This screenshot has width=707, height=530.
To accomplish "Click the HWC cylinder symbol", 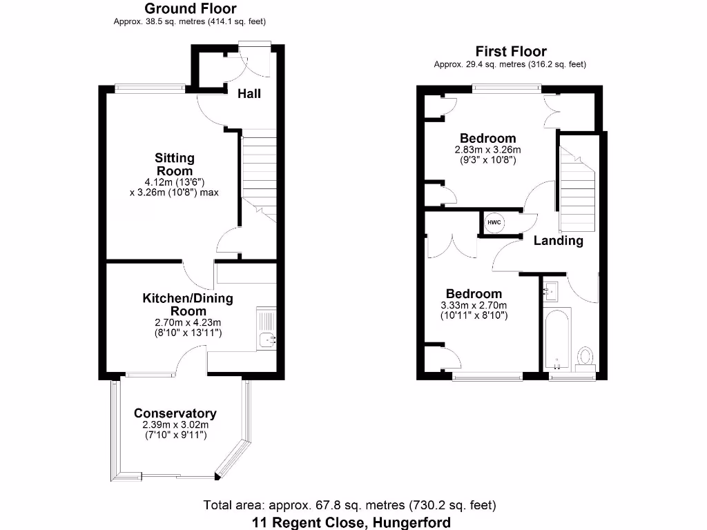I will [494, 222].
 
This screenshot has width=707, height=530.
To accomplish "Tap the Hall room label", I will [249, 93].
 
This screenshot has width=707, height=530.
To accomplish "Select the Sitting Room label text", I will [174, 164].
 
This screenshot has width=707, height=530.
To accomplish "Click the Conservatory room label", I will [175, 413].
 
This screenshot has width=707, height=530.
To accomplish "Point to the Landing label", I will [558, 241].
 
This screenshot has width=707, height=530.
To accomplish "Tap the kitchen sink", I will [267, 338].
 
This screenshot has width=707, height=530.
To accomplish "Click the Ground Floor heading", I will [190, 9].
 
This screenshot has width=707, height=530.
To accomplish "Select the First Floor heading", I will [511, 51].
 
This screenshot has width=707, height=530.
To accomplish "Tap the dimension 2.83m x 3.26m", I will [487, 150].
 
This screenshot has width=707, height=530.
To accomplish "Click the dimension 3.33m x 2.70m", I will [474, 306].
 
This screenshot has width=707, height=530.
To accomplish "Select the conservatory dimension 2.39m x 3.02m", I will [175, 425].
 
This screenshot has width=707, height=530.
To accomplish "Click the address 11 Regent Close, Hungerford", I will [351, 522].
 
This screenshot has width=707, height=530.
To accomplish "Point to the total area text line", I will [349, 505].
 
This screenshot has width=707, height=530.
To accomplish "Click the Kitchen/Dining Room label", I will [188, 304].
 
